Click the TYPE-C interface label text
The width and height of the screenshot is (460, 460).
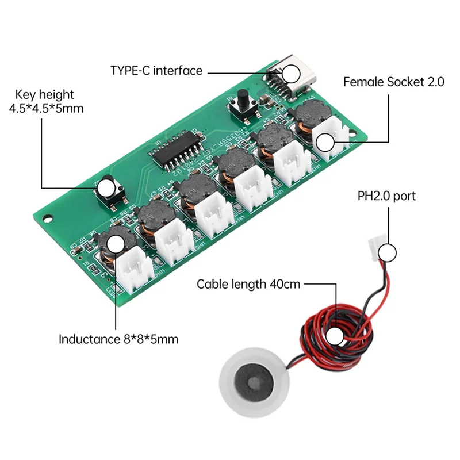[156, 71]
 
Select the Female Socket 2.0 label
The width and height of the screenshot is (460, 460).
[394, 82]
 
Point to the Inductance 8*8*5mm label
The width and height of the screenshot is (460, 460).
[118, 339]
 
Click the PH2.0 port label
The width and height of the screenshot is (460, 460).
[386, 197]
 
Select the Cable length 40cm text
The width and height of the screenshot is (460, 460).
[248, 283]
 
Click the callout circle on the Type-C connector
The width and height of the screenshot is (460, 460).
[291, 73]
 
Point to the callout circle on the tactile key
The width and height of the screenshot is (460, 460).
[106, 187]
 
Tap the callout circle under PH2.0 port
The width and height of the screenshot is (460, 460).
[389, 252]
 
